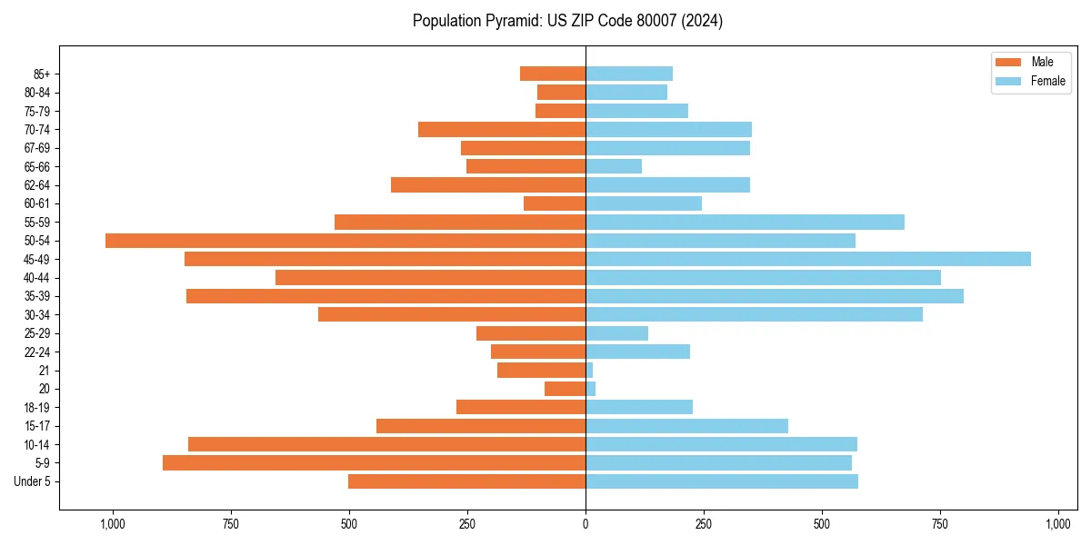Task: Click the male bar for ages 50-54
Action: [345, 241]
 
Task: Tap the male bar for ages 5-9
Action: [374, 463]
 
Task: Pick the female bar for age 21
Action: [589, 371]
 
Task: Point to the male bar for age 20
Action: [565, 389]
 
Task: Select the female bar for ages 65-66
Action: [614, 166]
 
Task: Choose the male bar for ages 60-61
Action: [555, 203]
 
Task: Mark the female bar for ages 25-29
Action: [616, 333]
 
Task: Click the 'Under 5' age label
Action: [32, 481]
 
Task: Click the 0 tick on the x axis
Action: [586, 524]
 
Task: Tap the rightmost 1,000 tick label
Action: [1058, 524]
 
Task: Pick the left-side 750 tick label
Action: [231, 524]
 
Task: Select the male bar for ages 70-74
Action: [502, 129]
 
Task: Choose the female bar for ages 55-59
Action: [745, 222]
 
